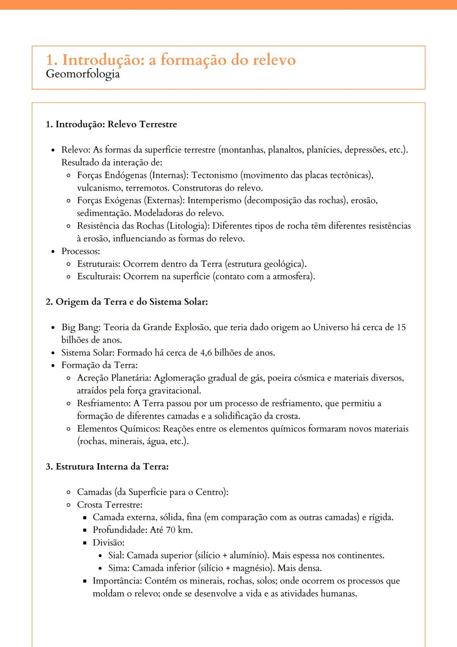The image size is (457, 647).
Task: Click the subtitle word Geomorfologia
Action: pos(83,74)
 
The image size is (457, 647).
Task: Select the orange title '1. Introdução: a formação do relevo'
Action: pos(171,60)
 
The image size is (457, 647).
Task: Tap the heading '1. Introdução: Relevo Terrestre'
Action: pos(111,124)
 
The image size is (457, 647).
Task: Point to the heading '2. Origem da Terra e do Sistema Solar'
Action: pos(127,302)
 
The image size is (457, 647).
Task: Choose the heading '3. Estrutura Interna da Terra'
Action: pos(107,467)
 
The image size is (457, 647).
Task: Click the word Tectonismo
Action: pos(215,175)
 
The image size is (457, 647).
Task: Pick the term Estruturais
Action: pos(99,264)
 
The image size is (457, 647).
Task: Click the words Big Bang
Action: pos(80,327)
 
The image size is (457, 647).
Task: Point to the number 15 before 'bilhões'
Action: pos(401,327)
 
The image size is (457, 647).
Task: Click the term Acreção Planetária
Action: pos(114,378)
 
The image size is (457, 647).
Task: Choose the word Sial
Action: pos(116,556)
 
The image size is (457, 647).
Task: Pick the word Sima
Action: pos(118,568)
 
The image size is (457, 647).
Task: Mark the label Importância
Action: pos(117,581)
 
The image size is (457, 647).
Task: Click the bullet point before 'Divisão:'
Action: pos(84,543)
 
